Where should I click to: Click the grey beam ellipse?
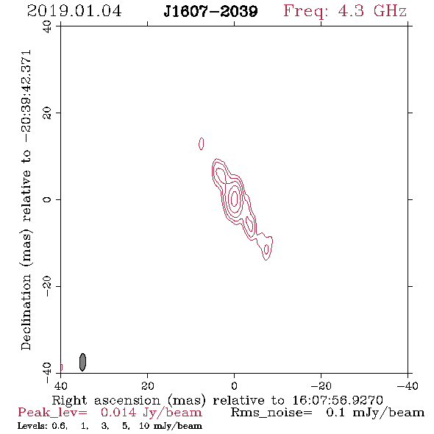click(x=82, y=362)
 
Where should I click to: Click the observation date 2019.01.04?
click(x=74, y=11)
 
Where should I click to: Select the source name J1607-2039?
click(x=210, y=11)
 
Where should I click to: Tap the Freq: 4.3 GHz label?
click(x=345, y=11)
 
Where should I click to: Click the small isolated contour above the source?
click(x=202, y=143)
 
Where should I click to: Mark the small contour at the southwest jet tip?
click(x=266, y=249)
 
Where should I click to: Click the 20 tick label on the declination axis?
click(x=47, y=113)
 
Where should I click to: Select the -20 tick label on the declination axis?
click(x=47, y=286)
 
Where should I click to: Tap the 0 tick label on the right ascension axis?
click(x=234, y=386)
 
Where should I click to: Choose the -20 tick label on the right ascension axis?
click(x=321, y=386)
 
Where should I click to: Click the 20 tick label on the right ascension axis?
click(x=147, y=386)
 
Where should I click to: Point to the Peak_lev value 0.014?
click(x=118, y=413)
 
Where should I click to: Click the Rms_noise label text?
click(x=271, y=413)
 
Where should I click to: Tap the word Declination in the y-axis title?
click(x=26, y=312)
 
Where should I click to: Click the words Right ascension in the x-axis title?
click(x=106, y=400)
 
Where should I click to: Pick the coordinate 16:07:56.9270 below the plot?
click(x=338, y=400)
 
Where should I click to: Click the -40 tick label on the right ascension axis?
click(x=408, y=386)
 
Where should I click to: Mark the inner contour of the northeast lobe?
click(x=221, y=175)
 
